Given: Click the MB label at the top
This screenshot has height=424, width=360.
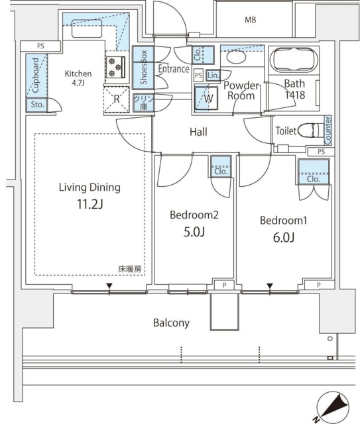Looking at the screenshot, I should (250, 20).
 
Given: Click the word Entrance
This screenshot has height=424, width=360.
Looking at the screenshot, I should (174, 69).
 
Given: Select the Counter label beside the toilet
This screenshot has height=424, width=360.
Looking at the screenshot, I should (328, 130).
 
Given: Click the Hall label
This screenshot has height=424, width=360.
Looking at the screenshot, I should (198, 132).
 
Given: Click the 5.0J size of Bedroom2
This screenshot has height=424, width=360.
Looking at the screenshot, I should (194, 233).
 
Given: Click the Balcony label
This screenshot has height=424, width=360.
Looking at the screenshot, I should (172, 323).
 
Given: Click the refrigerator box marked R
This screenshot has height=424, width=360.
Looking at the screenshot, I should (117, 99).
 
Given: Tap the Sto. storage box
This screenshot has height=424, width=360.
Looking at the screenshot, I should (35, 104).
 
